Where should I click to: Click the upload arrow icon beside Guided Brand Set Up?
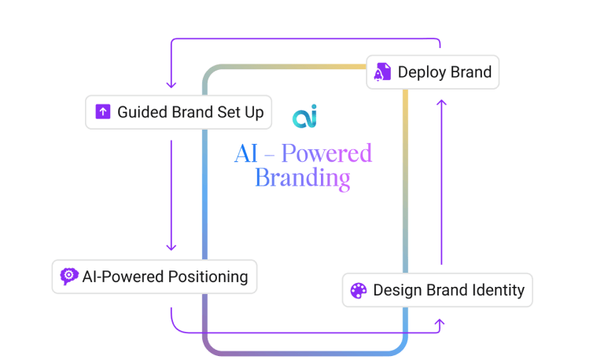click(x=103, y=112)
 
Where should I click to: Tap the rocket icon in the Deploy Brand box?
click(x=382, y=72)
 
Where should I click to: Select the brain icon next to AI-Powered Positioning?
click(x=69, y=277)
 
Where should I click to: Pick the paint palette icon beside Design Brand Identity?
click(x=359, y=290)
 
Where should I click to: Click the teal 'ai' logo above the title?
click(x=304, y=116)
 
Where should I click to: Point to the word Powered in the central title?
click(x=326, y=153)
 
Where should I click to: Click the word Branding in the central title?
click(x=303, y=178)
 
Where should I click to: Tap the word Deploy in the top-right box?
click(x=422, y=72)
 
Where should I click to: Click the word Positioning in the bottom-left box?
click(x=208, y=277)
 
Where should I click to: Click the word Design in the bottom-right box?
click(x=397, y=290)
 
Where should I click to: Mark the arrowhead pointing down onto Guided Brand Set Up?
click(x=171, y=84)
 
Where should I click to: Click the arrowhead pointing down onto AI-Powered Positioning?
click(x=171, y=247)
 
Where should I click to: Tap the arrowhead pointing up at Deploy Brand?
click(x=441, y=103)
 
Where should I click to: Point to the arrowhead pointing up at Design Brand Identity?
click(x=440, y=322)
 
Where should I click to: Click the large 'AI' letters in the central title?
click(x=246, y=153)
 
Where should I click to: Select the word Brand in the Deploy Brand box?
click(x=471, y=72)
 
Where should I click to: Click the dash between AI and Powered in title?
click(x=270, y=156)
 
